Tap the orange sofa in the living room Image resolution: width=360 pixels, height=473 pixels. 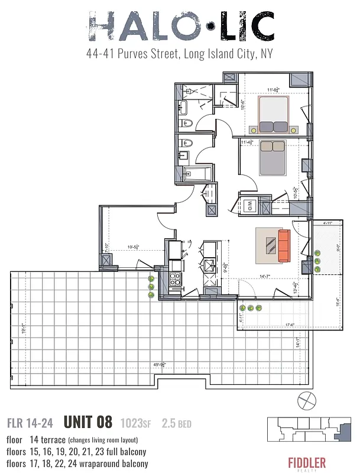click(285, 245)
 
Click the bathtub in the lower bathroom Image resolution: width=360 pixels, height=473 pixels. click(194, 174)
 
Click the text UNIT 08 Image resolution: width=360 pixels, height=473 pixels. click(87, 422)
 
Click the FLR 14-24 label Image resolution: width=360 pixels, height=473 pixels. click(30, 423)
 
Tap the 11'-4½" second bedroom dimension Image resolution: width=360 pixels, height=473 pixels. click(249, 142)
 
